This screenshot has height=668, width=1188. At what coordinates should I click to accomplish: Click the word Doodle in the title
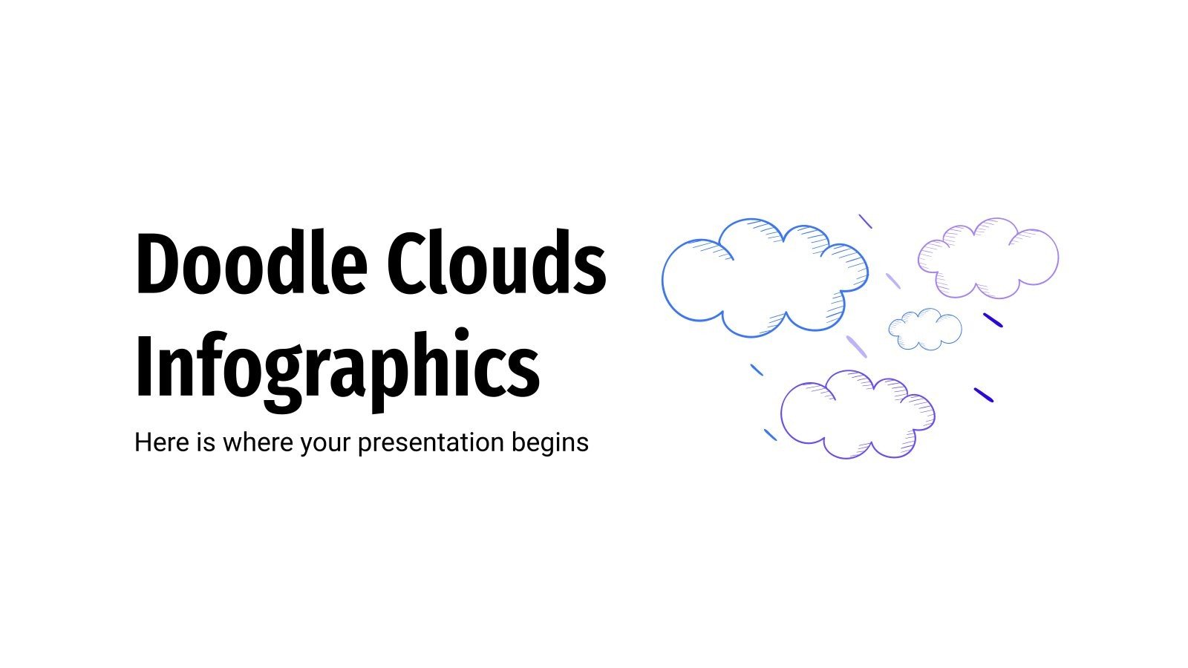pos(251,264)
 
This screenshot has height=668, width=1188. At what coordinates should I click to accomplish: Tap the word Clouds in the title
pos(497,264)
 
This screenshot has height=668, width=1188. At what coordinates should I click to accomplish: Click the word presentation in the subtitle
pos(431,443)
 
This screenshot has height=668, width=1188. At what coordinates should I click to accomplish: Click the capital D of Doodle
pos(157,264)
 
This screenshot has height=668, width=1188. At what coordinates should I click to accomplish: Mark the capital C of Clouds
pos(406,264)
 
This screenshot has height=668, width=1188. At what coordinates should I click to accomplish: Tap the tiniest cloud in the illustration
pos(925,330)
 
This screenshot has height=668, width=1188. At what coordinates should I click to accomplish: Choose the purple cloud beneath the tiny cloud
pos(858,414)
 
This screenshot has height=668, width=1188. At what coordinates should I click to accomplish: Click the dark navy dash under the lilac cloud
pos(993,320)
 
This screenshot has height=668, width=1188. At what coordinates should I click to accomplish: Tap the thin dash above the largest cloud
pos(865,221)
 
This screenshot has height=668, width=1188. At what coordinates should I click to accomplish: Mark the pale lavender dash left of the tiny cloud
pos(856,346)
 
